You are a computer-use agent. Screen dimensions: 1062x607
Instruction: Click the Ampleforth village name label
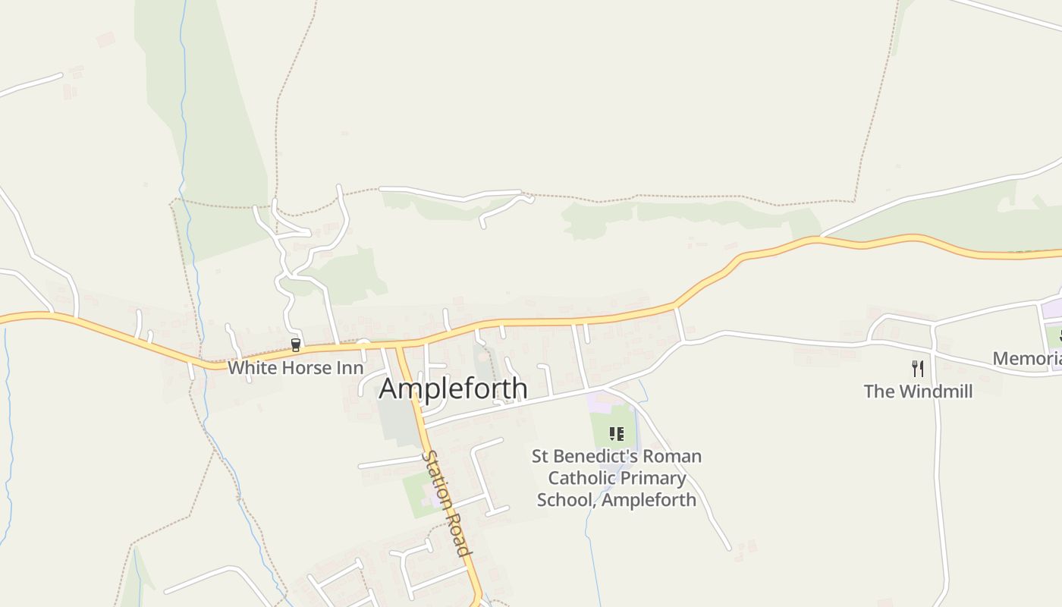[453, 388]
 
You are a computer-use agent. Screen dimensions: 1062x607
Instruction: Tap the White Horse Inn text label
[296, 368]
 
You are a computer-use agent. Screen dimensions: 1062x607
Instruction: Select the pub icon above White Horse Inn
[296, 345]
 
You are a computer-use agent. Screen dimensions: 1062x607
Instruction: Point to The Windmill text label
[918, 392]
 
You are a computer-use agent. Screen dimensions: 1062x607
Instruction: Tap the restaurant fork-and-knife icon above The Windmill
[918, 369]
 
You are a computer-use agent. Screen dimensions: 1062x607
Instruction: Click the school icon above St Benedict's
[616, 434]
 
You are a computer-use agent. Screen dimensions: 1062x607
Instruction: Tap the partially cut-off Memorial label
[1027, 359]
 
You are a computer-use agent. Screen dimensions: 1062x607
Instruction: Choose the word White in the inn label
[249, 368]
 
